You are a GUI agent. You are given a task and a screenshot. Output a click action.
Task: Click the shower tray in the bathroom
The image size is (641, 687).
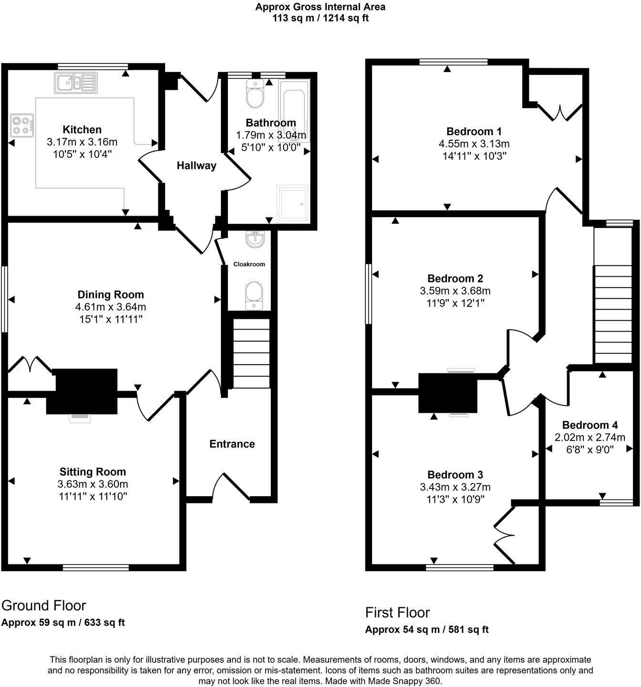(x=293, y=203)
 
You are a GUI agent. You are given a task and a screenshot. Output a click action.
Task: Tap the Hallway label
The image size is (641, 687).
(x=196, y=166)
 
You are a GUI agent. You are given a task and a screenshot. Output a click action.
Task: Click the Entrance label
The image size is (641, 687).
(x=232, y=444)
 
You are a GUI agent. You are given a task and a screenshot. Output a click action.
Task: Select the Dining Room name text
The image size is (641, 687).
(x=111, y=294)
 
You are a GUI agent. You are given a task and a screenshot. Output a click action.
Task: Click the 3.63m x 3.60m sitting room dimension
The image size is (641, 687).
(x=93, y=484)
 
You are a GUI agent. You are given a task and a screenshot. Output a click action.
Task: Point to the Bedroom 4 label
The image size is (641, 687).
(x=589, y=425)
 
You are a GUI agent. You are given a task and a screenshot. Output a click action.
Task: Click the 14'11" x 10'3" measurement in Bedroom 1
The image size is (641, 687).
(x=474, y=156)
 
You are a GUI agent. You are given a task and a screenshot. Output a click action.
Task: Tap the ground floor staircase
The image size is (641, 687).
(x=250, y=353)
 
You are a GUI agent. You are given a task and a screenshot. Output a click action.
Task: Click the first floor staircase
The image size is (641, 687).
(x=612, y=315)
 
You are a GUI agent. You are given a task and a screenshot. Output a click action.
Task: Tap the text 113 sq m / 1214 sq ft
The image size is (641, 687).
(x=320, y=18)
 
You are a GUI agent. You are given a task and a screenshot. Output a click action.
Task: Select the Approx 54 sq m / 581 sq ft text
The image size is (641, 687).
(x=426, y=629)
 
